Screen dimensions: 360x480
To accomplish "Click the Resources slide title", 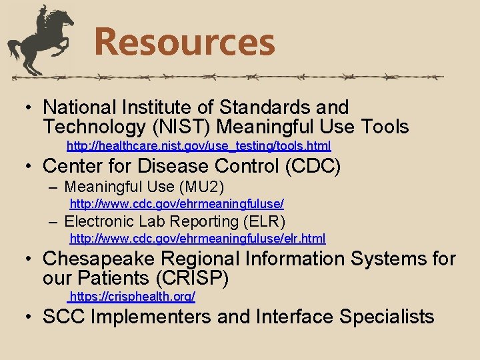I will pyautogui.click(x=185, y=41).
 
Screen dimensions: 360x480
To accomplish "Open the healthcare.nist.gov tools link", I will pyautogui.click(x=199, y=145).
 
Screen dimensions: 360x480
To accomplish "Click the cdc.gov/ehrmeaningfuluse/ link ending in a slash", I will pyautogui.click(x=177, y=203).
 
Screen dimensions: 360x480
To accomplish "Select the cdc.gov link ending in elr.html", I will pyautogui.click(x=197, y=238).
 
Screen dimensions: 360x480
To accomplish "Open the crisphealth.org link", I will pyautogui.click(x=132, y=295).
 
